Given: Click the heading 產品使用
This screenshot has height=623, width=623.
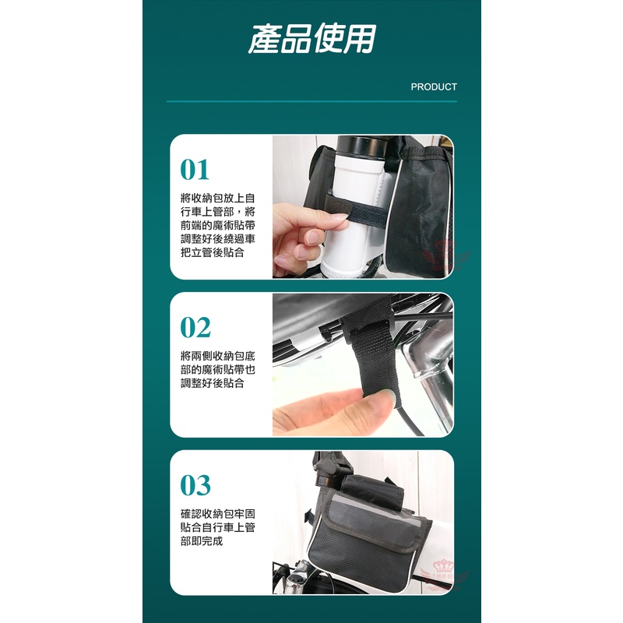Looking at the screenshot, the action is (x=312, y=38).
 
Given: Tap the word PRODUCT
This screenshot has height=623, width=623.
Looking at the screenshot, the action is (x=434, y=87).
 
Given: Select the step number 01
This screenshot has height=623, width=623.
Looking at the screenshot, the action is (x=195, y=170).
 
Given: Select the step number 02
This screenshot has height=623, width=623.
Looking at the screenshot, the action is (x=195, y=327).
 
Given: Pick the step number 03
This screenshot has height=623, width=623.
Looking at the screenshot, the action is (x=195, y=485).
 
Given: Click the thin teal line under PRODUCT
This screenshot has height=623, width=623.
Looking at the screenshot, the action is (x=312, y=101).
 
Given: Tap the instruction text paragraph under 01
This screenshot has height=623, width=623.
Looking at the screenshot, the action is (x=218, y=225).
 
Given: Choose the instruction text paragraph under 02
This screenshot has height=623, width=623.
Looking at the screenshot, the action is (x=218, y=369).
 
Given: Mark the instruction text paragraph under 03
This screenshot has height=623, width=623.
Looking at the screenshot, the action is (x=218, y=527).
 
